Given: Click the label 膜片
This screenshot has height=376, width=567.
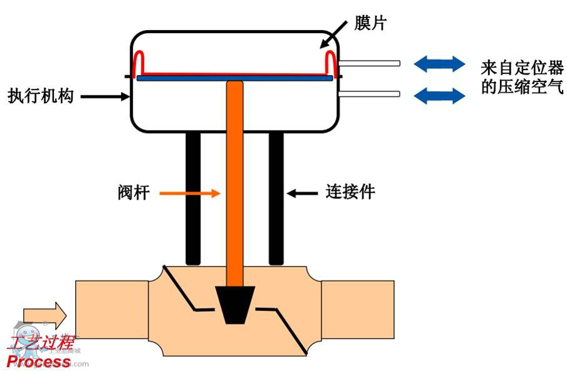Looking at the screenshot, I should point(370,24).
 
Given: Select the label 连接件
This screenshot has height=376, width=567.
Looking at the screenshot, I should point(350,192).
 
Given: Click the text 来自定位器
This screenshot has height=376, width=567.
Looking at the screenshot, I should point(521,66).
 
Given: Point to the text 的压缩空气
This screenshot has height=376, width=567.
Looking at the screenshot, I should point(521,87).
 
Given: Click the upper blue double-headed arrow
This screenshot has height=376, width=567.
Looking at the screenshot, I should point(439,63).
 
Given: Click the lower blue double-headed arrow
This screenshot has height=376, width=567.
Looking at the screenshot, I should point(439,95).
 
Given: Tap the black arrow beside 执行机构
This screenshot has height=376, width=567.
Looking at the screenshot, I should point(104,96).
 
